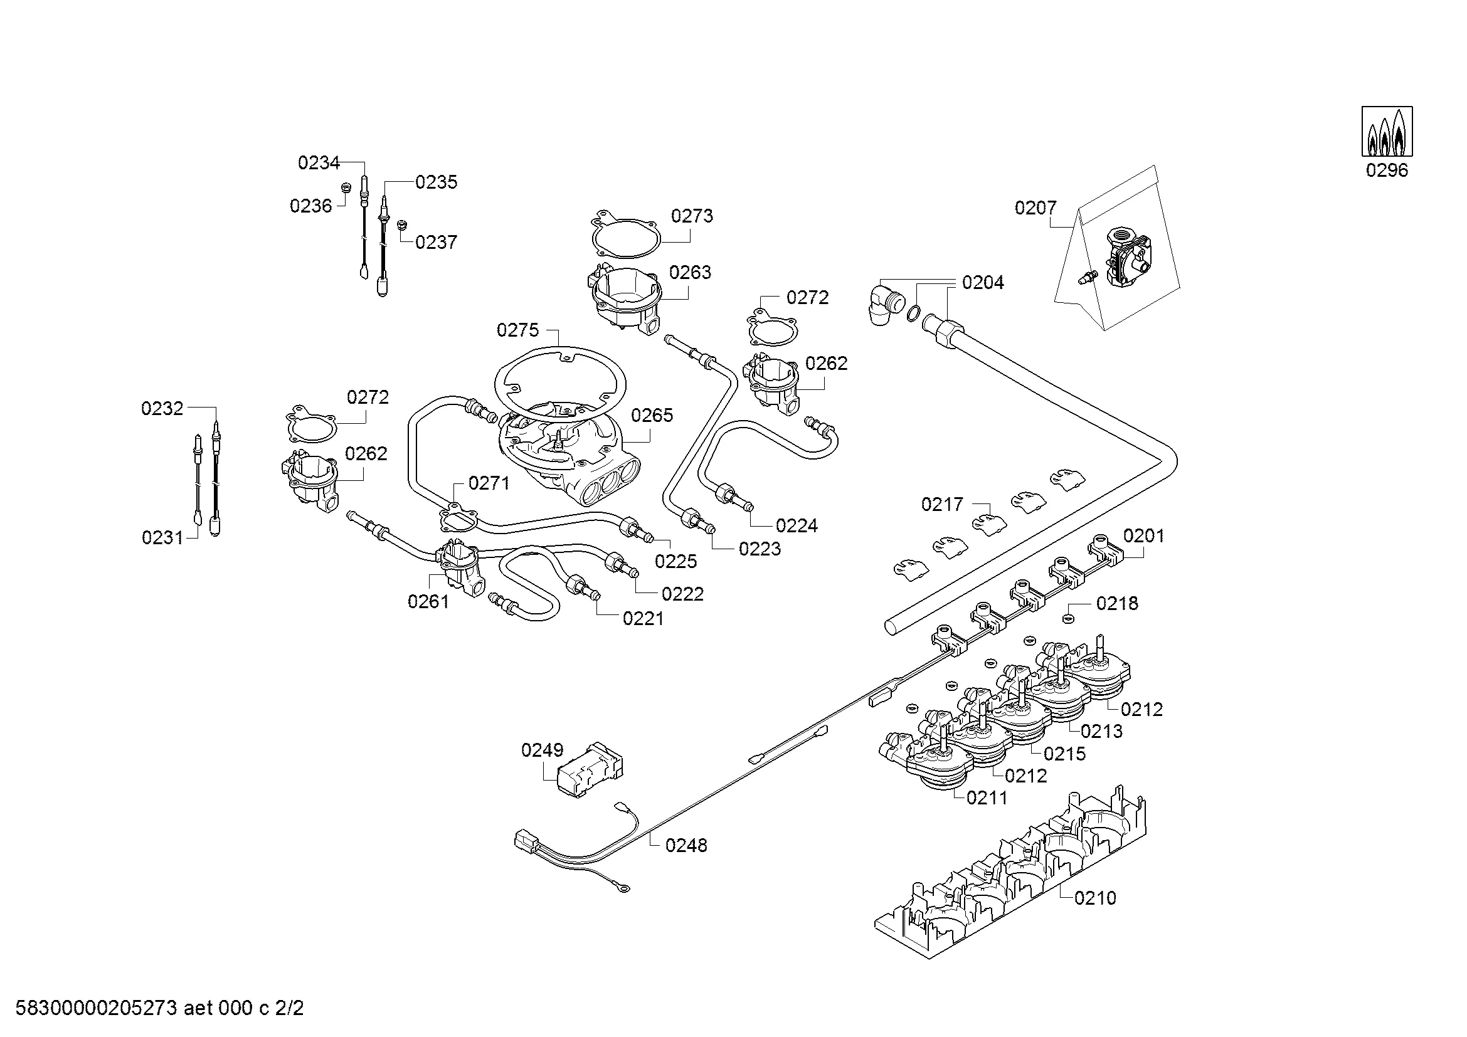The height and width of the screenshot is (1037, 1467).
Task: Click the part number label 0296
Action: (1387, 171)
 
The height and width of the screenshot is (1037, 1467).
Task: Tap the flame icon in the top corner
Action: (1387, 132)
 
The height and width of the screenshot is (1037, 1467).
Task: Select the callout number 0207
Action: (1035, 208)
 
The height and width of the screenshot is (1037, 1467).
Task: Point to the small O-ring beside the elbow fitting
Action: (914, 313)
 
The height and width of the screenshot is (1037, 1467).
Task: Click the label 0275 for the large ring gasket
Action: (517, 330)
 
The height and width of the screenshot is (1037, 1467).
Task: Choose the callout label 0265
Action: (652, 416)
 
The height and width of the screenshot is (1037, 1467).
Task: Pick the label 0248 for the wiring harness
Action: (686, 845)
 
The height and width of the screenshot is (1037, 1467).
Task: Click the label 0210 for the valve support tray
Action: (1095, 898)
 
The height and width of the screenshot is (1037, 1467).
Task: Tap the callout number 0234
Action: (318, 163)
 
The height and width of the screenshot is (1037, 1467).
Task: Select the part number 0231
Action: (162, 538)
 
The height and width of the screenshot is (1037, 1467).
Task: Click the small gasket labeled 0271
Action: (458, 518)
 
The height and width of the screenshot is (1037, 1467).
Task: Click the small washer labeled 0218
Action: (1067, 618)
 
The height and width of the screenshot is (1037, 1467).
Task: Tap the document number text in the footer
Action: (159, 1008)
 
